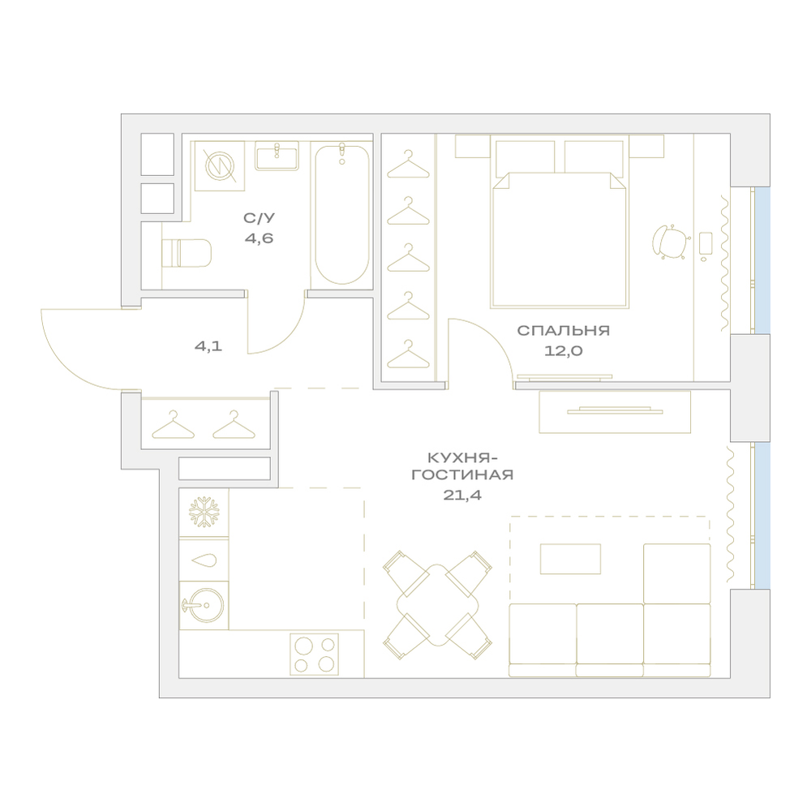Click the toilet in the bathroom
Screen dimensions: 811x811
pos(187,253)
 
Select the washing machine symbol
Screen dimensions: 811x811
pos(219,166)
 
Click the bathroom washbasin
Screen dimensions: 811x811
pos(277,156)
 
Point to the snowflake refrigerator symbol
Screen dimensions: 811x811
pos(204,512)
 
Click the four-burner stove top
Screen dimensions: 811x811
pos(314,654)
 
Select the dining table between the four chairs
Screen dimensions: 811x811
pos(438,605)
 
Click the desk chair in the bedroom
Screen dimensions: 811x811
pos(671,242)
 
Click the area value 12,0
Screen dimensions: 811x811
pos(564,351)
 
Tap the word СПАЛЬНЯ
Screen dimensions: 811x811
pos(564,331)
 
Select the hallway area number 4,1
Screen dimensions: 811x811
pos(208,346)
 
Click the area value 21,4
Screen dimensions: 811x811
pos(462,495)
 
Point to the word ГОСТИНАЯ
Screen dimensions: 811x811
pos(462,474)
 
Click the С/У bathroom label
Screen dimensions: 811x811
pos(260,218)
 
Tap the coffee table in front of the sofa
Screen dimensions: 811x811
pos(570,559)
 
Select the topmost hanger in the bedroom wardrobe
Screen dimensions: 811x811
pos(408,165)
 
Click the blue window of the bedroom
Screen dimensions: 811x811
pos(762,260)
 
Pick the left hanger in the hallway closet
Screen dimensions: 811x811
pos(173,425)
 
